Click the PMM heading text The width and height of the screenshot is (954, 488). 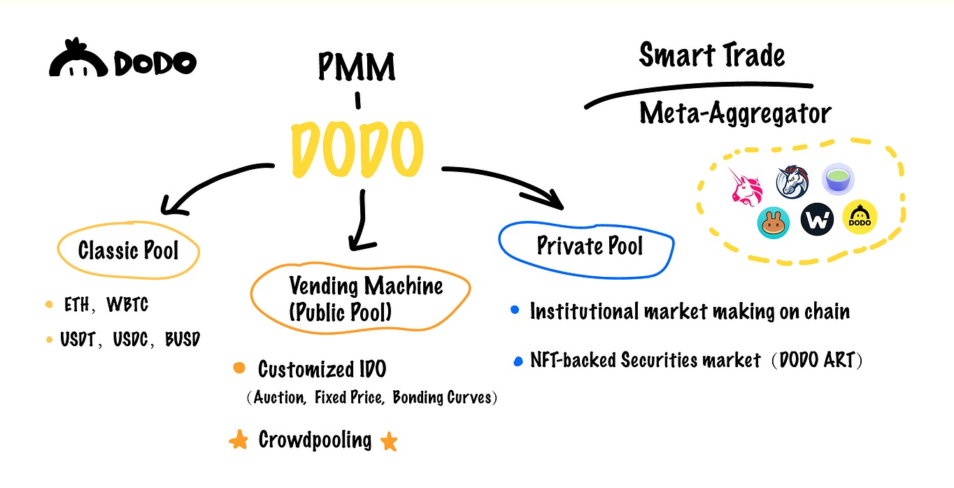[357, 67]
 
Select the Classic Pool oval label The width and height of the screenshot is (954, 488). [129, 250]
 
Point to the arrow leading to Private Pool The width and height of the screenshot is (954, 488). [504, 183]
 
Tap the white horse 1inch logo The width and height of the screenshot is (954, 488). [794, 182]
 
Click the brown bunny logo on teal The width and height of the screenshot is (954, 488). [774, 222]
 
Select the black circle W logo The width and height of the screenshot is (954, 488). [817, 220]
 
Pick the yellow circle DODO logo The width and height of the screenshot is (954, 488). [860, 218]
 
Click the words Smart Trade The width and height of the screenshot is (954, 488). [712, 56]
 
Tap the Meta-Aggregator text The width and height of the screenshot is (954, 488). [735, 114]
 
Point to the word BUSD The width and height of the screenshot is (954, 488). [182, 340]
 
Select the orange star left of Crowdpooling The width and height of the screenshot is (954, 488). [239, 440]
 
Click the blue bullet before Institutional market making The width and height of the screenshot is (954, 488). [515, 310]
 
